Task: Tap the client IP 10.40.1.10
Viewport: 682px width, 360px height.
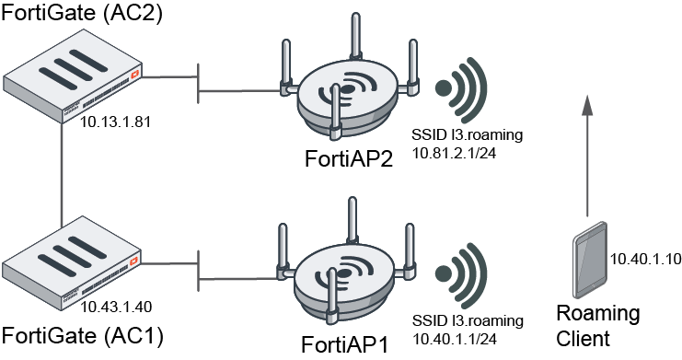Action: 645,260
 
